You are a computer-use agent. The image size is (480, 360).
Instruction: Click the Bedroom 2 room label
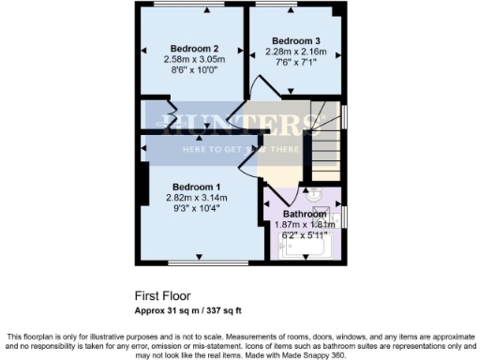click(195, 49)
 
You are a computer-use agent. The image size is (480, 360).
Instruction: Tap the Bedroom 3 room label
click(296, 40)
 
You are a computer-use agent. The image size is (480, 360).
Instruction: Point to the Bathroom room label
click(305, 214)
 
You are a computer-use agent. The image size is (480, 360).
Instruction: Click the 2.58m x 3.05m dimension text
click(195, 59)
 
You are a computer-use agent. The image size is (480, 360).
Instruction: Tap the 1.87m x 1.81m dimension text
click(305, 225)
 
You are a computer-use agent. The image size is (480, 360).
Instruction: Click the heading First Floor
click(158, 293)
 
